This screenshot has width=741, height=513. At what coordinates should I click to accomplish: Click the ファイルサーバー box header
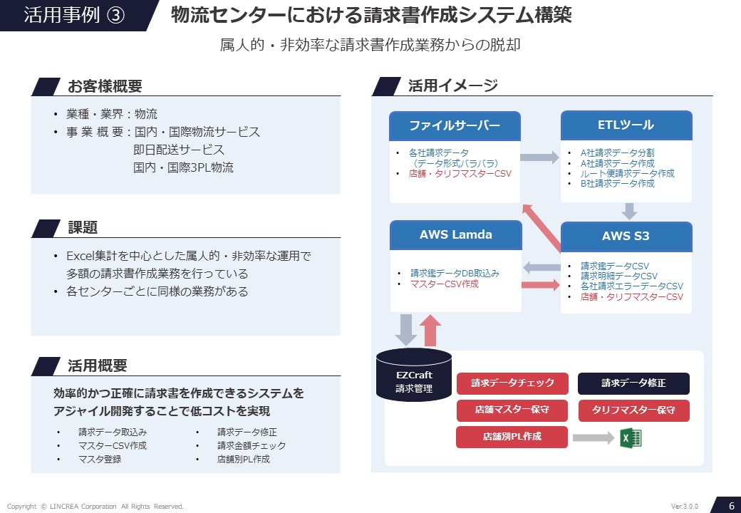[455, 126]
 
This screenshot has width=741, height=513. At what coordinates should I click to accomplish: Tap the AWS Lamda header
[455, 234]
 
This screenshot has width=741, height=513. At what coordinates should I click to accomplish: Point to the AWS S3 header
[626, 237]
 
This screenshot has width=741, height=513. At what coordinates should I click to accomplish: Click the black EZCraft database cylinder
[414, 375]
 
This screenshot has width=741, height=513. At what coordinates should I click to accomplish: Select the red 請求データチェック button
[512, 383]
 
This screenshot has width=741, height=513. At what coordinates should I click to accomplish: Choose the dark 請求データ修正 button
[633, 383]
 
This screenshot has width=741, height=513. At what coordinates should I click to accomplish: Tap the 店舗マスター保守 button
[512, 410]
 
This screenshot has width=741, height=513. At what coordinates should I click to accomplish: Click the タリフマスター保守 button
[633, 410]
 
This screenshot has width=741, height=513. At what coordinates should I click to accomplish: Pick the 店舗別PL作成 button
[512, 437]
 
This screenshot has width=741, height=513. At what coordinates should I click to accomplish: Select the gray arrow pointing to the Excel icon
[593, 437]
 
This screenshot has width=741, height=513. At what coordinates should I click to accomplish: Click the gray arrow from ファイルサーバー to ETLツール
[540, 158]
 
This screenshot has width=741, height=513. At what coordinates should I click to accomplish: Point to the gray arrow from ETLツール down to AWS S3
[629, 211]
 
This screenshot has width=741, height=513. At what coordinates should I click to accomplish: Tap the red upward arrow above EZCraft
[431, 330]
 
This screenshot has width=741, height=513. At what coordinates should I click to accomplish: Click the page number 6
[731, 506]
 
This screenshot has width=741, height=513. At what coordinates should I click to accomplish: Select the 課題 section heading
[83, 228]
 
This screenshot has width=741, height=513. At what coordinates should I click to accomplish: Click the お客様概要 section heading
[105, 87]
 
